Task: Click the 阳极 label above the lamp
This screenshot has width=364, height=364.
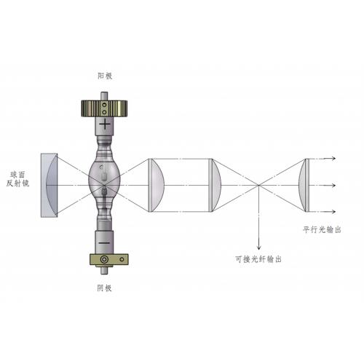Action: pos(105,76)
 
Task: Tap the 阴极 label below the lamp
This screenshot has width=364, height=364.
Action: pos(104,288)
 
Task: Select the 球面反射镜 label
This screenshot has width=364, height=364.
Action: pos(17,179)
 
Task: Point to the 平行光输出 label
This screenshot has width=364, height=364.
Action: pos(322,229)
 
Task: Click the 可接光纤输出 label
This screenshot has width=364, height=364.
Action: pos(258,259)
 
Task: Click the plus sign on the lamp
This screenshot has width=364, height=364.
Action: pos(105,124)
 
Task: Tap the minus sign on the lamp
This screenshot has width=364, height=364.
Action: pos(104,243)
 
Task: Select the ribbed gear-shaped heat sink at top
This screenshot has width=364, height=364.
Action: pos(104,108)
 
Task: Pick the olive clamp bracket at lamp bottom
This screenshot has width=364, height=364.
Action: pos(109,259)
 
